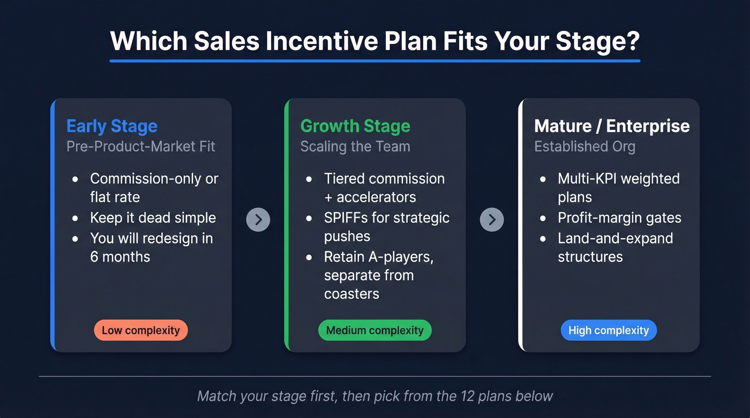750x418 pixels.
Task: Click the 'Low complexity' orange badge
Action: (140, 330)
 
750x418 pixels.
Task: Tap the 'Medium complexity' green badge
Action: (374, 330)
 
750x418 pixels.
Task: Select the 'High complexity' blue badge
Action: (608, 330)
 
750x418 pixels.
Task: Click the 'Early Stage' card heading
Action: (112, 126)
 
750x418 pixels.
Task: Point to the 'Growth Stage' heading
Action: (355, 126)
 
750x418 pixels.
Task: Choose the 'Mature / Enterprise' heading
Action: (612, 126)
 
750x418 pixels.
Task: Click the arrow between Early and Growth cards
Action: (258, 219)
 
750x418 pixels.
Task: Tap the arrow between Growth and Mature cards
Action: (492, 219)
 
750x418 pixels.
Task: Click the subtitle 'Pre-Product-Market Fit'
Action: (141, 147)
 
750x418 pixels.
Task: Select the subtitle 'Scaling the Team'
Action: (355, 147)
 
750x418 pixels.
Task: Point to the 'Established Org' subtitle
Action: (584, 147)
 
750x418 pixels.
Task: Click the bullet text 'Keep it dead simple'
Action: (153, 218)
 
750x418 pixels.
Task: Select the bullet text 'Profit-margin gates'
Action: (619, 218)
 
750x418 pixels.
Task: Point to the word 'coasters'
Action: (351, 294)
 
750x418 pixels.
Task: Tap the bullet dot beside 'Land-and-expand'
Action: (544, 239)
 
